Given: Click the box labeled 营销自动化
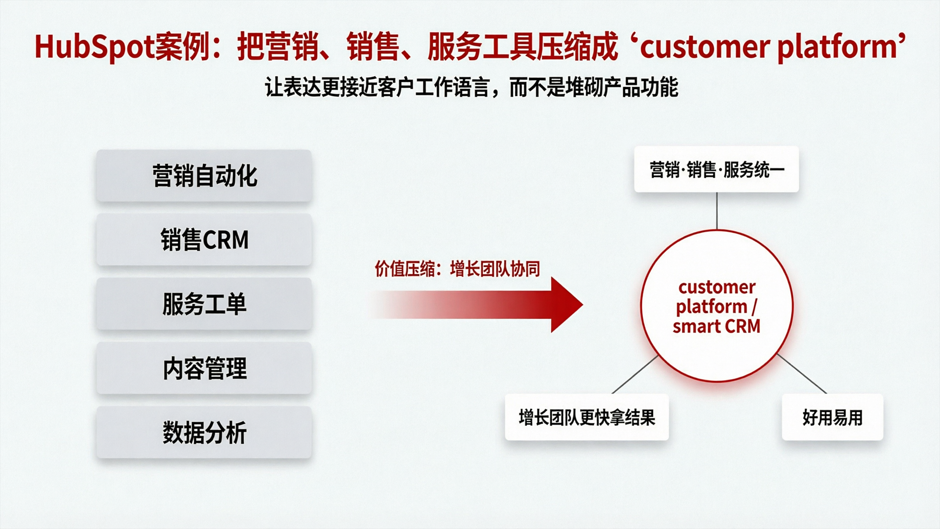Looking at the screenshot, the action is point(204,176).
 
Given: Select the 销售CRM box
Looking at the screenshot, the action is point(204,240).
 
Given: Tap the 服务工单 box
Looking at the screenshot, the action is point(204,304).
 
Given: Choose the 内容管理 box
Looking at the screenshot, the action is point(204,368).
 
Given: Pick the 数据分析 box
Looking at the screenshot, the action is point(204,433).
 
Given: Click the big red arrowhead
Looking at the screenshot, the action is point(565,305).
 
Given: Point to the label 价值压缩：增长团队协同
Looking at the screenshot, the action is point(457,269).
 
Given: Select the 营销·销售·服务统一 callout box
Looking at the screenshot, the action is point(716,169).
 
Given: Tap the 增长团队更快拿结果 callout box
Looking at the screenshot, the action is point(587,417).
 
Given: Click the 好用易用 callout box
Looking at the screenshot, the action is point(832,417).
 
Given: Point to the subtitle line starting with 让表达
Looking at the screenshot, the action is point(471,88).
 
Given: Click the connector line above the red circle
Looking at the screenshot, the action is point(717,211).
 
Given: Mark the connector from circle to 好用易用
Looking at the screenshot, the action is point(802,374).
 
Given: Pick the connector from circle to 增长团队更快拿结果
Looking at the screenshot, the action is point(635,375).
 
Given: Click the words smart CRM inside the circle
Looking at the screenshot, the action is point(716,326).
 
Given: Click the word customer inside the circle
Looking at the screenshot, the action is point(717,287).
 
